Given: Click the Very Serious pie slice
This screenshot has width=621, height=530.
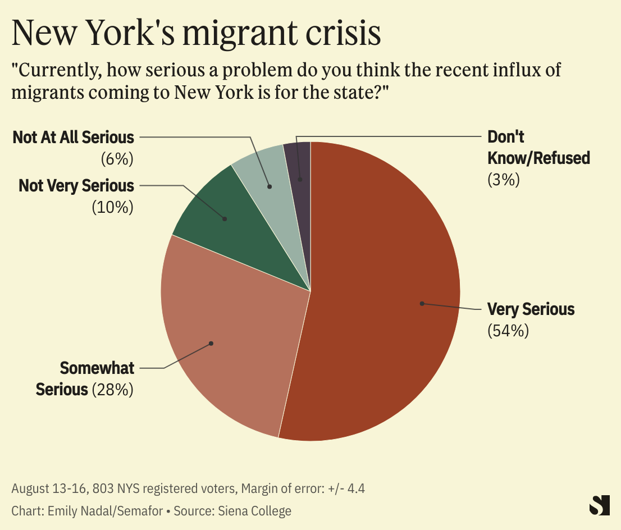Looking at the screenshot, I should tap(382, 292).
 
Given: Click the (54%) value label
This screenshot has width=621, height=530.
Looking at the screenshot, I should tap(508, 330).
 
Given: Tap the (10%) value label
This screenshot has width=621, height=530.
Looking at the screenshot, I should tap(112, 207).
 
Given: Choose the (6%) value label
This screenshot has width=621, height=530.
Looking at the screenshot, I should tap(117, 159).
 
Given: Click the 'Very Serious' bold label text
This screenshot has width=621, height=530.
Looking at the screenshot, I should tap(531, 309).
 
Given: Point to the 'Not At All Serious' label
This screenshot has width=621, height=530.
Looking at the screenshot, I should tap(74, 138).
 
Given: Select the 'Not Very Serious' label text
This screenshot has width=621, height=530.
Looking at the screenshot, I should tap(76, 185).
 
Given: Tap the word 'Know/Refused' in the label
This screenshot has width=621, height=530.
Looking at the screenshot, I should tap(538, 158).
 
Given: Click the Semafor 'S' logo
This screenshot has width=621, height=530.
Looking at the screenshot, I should tap(599, 505).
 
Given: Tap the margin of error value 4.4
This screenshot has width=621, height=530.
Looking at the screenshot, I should tap(356, 488).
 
